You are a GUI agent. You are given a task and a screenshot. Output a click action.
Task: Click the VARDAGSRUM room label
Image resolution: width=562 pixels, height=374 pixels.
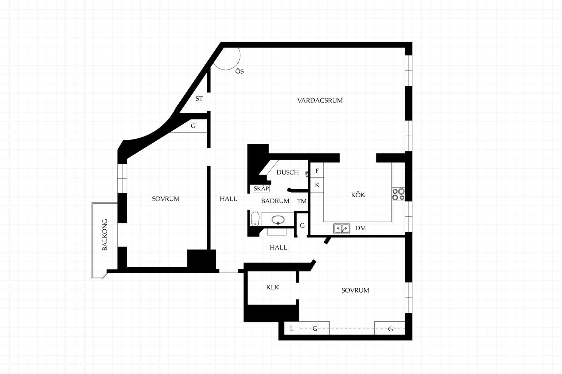320,100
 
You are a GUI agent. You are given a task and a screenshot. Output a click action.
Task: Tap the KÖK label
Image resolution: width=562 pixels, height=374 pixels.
358,195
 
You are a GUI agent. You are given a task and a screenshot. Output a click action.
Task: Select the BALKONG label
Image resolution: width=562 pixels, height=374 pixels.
105,235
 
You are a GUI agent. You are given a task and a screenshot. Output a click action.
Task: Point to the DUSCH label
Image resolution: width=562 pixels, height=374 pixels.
288,172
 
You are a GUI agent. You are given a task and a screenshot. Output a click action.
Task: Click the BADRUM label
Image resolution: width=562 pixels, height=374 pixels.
275,201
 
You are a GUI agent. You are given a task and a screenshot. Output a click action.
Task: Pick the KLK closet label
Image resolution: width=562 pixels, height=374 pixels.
273,287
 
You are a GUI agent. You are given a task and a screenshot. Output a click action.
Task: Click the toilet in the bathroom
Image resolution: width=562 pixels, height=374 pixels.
255,219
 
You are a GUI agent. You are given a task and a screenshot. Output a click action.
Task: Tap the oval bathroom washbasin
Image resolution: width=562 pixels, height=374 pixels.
278,220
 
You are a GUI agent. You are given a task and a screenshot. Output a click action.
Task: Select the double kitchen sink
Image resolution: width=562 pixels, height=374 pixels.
342,229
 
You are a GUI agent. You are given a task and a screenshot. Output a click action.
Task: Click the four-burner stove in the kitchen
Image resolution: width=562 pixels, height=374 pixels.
398,194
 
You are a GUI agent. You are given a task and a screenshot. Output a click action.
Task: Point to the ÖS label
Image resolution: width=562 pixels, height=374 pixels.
240,71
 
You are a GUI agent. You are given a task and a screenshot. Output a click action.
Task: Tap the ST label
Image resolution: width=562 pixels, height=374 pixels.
199,99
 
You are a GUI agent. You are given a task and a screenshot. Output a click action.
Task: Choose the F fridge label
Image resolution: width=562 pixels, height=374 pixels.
317,171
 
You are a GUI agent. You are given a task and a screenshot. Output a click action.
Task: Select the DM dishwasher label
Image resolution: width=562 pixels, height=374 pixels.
360,228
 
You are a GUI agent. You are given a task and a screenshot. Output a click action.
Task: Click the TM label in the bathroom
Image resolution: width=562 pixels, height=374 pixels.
302,201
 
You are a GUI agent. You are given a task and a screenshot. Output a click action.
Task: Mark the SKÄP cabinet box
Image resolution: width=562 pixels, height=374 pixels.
261,188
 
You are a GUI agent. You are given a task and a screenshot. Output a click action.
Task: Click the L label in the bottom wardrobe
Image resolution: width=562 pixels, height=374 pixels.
291,328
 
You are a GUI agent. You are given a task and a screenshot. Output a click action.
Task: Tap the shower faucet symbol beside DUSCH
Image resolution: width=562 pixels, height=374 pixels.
307,174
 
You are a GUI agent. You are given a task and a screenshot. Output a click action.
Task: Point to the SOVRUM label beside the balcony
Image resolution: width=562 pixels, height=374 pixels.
166,199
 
